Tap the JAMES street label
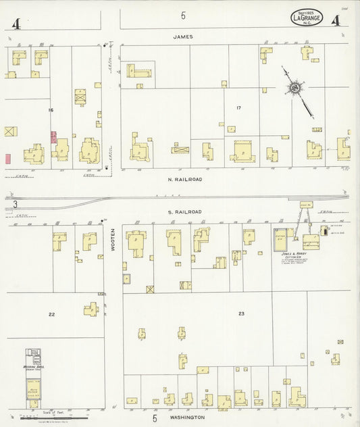click(x=182, y=36)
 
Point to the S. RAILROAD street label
click(x=184, y=212)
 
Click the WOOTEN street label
click(x=113, y=240)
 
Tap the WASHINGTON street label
click(x=187, y=418)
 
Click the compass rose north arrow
click(x=296, y=88)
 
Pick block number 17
click(x=238, y=108)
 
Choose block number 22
click(x=51, y=314)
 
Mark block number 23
click(x=240, y=314)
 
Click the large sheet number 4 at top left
click(x=15, y=24)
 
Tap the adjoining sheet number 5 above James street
click(x=182, y=15)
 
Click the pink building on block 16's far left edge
click(x=8, y=159)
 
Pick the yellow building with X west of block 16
click(x=10, y=131)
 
